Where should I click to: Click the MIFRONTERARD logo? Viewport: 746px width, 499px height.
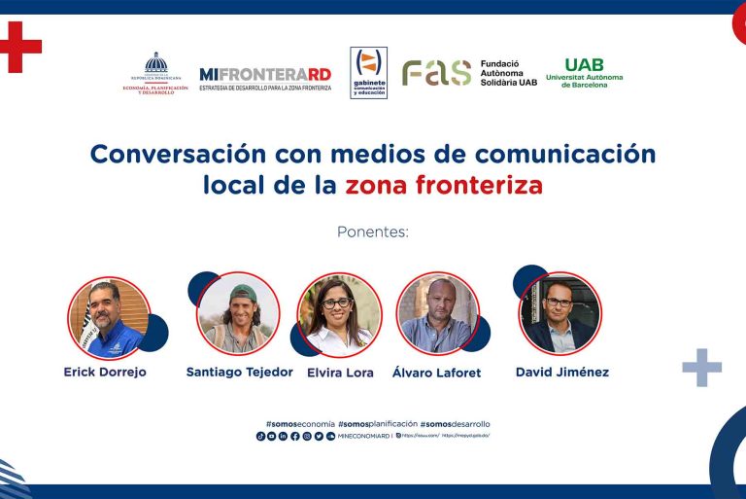[265, 75]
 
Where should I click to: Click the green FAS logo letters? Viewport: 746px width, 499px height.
[436, 73]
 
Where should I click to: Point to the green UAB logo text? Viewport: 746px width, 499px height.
[584, 65]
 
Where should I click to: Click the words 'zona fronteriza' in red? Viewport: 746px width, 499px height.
[444, 185]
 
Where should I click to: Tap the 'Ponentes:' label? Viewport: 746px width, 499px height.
[373, 232]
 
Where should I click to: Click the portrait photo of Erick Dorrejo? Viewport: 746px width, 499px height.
[109, 317]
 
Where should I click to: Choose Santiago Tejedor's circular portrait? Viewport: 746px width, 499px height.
[239, 312]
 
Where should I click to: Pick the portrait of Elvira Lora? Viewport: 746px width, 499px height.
[339, 313]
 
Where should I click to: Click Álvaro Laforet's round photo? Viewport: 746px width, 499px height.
[438, 313]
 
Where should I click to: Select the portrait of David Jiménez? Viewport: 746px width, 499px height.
[559, 311]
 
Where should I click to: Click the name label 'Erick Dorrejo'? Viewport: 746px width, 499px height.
[105, 372]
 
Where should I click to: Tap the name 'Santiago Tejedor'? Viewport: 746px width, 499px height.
[239, 372]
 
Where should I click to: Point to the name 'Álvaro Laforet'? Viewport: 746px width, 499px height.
[436, 373]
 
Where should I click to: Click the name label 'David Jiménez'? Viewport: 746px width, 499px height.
[562, 372]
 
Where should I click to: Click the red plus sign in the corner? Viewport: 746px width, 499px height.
[19, 46]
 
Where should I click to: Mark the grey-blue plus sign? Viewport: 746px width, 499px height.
[701, 367]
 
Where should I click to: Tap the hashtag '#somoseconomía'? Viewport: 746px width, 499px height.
[299, 424]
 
